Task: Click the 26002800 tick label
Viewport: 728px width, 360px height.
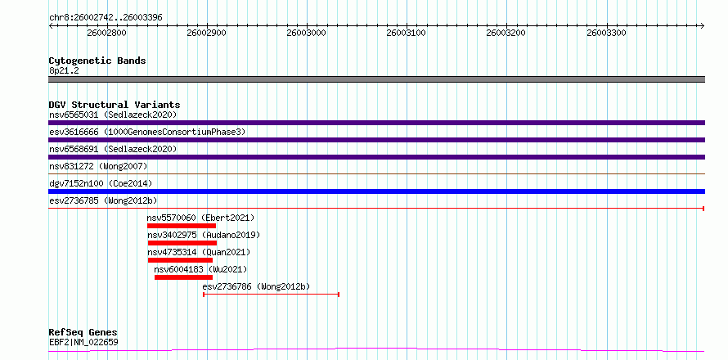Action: coord(106,33)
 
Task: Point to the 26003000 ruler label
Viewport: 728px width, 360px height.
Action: coord(307,33)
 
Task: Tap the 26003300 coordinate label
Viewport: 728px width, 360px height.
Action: coord(606,33)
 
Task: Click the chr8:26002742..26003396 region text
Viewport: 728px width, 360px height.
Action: coord(106,18)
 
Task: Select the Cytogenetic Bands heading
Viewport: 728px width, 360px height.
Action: coord(97,61)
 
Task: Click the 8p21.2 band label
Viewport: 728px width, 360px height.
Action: coord(65,70)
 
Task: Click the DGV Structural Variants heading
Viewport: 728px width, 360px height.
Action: coord(115,105)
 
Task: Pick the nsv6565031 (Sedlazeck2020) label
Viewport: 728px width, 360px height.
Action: coord(113,115)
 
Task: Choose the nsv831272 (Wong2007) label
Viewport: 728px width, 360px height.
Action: coord(98,166)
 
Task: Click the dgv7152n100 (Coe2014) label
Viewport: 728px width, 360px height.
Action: coord(101,183)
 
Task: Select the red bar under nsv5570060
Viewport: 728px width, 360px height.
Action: coord(182,226)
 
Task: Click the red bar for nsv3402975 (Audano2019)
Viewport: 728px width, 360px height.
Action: coord(182,243)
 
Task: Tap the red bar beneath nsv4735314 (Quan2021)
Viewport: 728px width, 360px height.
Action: coord(180,260)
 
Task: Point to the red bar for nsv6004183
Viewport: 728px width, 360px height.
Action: coord(183,277)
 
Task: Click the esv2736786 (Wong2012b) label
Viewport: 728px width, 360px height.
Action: coord(256,286)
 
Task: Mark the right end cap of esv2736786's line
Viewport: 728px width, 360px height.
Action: coord(339,295)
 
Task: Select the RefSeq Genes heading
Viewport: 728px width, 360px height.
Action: coord(83,333)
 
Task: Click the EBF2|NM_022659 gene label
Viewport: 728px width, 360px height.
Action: coord(83,342)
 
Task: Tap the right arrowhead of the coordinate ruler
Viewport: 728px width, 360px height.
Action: coord(702,25)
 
